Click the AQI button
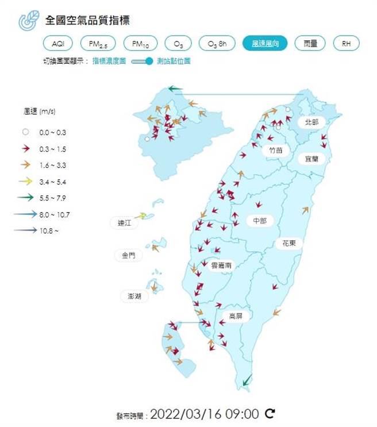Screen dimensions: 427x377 pos(58,44)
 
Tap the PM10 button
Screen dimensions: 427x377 pos(140,44)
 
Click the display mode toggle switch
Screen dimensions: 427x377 pos(143,61)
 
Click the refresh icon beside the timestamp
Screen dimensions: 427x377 pos(270,413)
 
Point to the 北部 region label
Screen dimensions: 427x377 pos(311,122)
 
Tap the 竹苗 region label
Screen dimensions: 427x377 pos(275,150)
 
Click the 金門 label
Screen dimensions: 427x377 pos(128,256)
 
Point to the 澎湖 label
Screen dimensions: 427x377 pos(134,296)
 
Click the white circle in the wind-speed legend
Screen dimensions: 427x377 pos(25,132)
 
